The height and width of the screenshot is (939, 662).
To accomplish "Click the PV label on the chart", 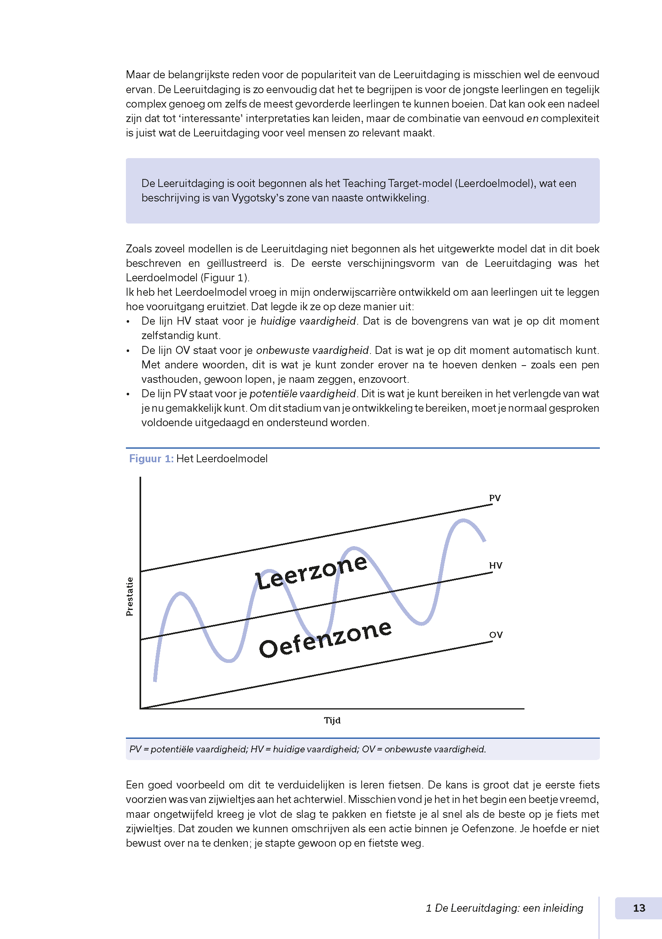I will pyautogui.click(x=494, y=498).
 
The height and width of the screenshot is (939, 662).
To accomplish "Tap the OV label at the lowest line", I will pyautogui.click(x=496, y=634).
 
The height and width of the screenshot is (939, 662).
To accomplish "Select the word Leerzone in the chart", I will pyautogui.click(x=311, y=571).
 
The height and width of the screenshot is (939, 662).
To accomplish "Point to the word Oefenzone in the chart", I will pyautogui.click(x=325, y=638).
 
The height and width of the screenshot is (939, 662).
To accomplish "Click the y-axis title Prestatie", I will pyautogui.click(x=130, y=596).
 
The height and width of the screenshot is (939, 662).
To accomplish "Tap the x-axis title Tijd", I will pyautogui.click(x=332, y=720).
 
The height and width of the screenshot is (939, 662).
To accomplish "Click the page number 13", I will pyautogui.click(x=639, y=908).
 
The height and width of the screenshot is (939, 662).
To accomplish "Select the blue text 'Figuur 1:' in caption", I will pyautogui.click(x=151, y=458).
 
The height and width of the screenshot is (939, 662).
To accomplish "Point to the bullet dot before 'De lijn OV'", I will pyautogui.click(x=128, y=351).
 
